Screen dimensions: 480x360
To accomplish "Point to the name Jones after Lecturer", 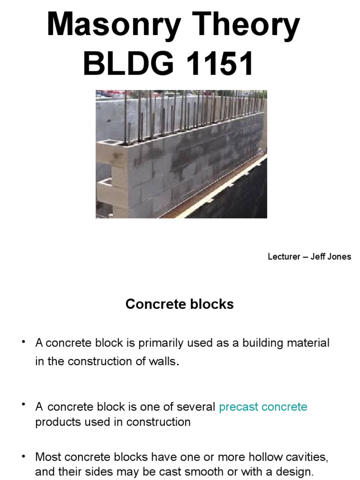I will (339, 256).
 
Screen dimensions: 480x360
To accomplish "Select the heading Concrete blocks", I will (180, 304).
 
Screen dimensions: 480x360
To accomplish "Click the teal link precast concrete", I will (263, 406).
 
